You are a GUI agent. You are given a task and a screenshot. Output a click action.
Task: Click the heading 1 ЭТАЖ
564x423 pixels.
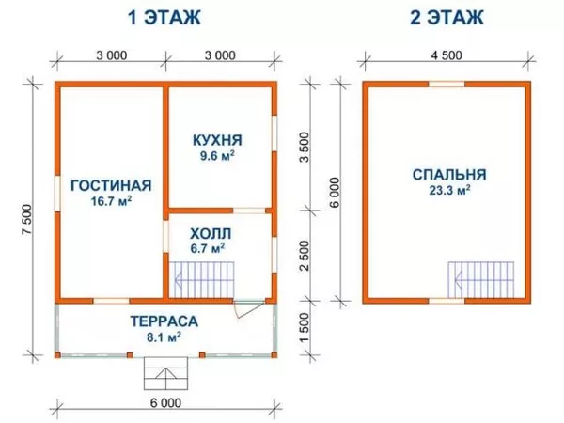[x=166, y=17]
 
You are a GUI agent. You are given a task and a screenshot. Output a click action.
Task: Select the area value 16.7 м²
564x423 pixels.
[x=110, y=200]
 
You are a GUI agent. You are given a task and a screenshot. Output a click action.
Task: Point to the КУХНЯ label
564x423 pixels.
[x=212, y=140]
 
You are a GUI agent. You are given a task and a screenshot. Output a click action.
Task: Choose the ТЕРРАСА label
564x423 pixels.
[x=165, y=319]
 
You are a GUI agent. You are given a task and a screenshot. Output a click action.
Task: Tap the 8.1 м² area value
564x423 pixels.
[x=165, y=335]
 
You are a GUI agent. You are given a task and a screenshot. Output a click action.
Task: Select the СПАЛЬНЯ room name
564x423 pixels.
[x=448, y=174]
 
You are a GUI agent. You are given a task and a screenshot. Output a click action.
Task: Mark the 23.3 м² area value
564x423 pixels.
[x=448, y=189]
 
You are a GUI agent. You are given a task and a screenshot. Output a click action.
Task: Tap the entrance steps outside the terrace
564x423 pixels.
[x=166, y=375]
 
